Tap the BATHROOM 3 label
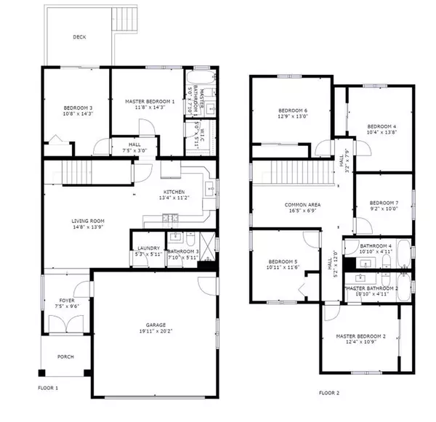[x=182, y=250]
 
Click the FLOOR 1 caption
[x=48, y=389]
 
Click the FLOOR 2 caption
[x=328, y=393]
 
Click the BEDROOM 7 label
[x=384, y=203]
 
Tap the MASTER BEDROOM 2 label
[x=360, y=336]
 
